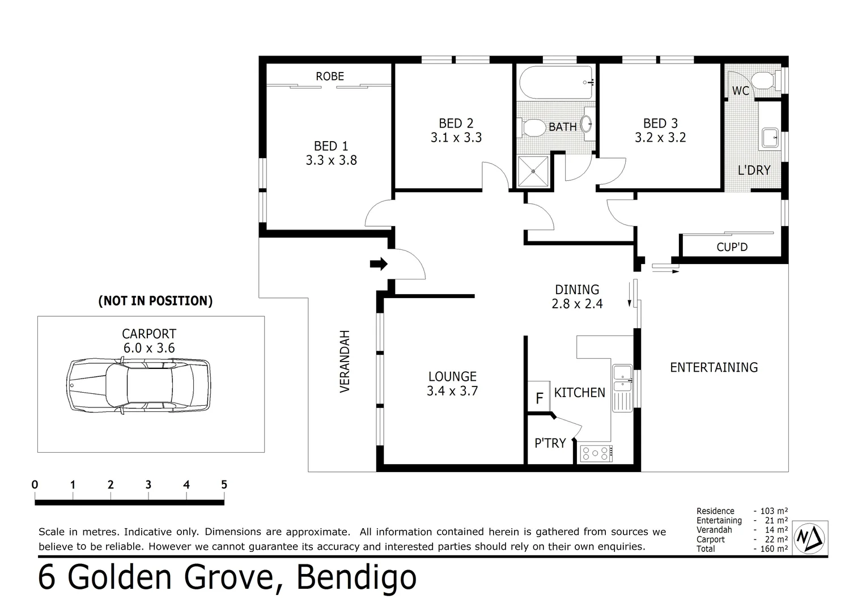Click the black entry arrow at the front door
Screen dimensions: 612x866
379,263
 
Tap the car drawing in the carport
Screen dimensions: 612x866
139,385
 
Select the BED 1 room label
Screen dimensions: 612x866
331,146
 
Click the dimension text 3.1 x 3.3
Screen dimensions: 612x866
456,138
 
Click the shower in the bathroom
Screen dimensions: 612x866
533,171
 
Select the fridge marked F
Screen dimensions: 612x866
539,398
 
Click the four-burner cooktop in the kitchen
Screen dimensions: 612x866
596,453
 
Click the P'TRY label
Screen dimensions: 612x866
550,443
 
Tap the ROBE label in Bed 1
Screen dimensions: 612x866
330,76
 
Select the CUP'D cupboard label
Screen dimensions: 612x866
732,247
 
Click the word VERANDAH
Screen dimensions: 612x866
345,362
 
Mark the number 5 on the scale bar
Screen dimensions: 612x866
224,484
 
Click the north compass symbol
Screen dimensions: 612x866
810,537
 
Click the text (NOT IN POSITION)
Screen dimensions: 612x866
155,301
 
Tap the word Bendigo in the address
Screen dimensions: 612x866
356,577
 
